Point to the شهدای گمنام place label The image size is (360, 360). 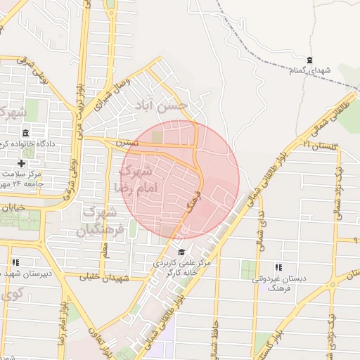tap(309, 71)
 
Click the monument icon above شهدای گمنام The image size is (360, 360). tap(310, 60)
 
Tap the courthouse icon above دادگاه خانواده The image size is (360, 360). tap(26, 134)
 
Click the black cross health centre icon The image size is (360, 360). tap(22, 163)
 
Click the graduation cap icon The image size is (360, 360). tap(181, 252)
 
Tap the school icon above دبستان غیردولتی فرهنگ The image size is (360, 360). tap(278, 267)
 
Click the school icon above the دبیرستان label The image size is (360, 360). tap(15, 262)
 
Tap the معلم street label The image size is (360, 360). tap(106, 250)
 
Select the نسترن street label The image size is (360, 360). tap(127, 143)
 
